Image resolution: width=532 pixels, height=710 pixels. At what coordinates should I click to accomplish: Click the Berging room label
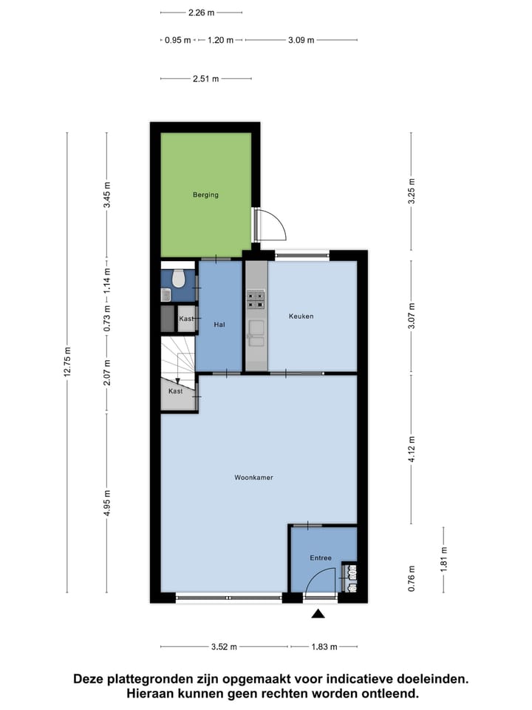206,195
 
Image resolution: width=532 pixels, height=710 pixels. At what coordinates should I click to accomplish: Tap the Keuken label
301,316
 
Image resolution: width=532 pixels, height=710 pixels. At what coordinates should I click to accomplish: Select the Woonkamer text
254,478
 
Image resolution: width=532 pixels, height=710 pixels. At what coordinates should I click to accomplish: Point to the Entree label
321,558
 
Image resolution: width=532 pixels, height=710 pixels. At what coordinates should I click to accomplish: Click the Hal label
219,324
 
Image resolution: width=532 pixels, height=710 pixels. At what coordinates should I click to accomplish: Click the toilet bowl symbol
178,280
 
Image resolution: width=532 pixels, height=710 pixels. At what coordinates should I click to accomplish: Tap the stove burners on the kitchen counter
256,298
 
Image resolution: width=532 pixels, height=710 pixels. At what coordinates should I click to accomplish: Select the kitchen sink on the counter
256,334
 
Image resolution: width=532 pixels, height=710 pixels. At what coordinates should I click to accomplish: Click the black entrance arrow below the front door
318,613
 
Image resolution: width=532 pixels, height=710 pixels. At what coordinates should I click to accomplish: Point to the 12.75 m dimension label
67,362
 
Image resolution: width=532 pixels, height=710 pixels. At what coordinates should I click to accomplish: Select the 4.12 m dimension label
412,449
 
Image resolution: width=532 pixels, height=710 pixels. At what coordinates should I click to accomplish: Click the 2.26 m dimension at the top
201,13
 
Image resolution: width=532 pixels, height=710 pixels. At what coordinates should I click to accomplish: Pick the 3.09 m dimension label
301,40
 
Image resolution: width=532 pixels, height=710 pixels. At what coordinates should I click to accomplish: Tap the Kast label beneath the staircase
175,390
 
